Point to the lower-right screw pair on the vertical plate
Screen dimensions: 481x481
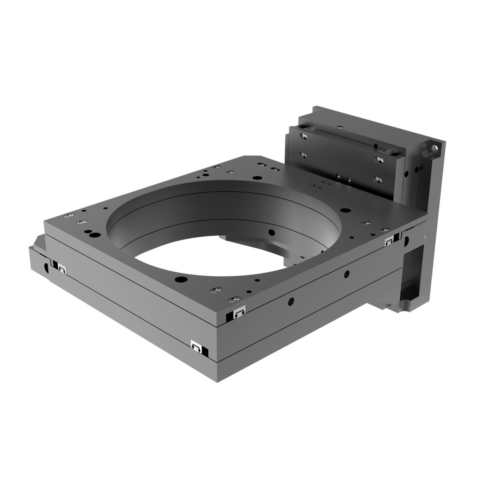[x=377, y=179]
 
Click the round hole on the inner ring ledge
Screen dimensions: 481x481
[x=271, y=232]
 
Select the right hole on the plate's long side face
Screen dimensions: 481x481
[x=346, y=274]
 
